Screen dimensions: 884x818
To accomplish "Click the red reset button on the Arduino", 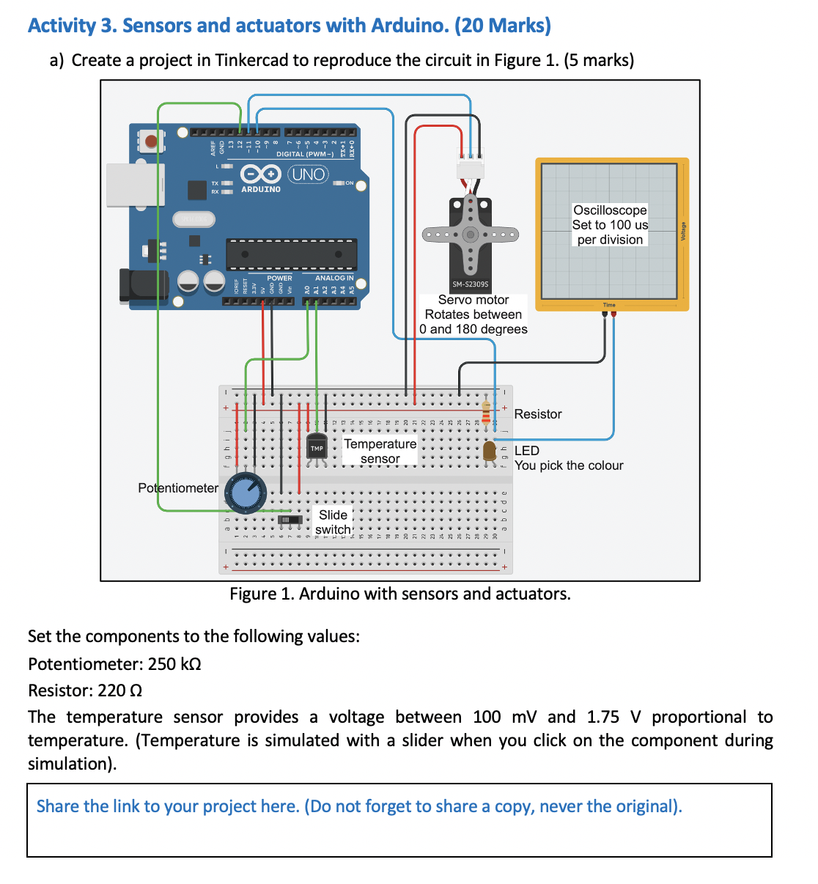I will click(150, 140).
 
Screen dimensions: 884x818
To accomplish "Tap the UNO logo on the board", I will click(308, 174).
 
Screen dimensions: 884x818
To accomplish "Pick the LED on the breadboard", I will click(490, 451).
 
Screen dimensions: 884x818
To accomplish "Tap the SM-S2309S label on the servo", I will click(470, 284).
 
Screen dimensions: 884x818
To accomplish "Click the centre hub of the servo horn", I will click(470, 235).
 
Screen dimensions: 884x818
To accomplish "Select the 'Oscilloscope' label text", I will click(610, 210).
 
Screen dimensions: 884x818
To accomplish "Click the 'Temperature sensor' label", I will click(380, 451).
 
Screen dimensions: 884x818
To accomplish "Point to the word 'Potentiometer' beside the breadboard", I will click(178, 488).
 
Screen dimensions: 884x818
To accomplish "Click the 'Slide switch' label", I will click(333, 522).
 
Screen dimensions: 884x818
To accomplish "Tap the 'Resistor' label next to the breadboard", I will click(538, 414).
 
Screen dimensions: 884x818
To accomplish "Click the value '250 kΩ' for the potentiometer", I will click(174, 664).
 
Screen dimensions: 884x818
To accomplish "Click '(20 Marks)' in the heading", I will click(503, 26).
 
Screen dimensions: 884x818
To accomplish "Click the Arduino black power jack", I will click(144, 286).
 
